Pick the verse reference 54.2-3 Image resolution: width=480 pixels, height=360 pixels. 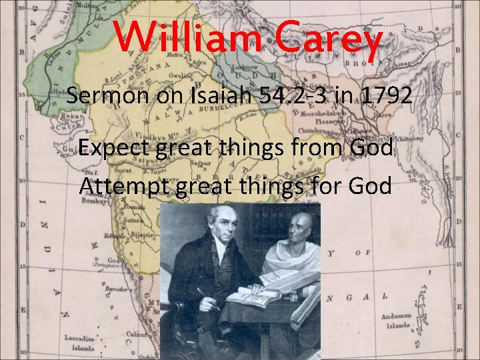pos(300,97)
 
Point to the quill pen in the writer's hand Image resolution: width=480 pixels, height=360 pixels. pos(207,299)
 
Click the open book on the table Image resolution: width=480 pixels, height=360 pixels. pos(257,294)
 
